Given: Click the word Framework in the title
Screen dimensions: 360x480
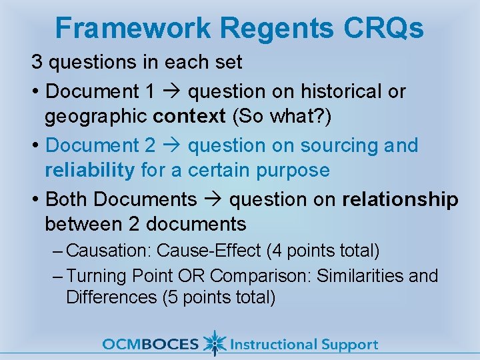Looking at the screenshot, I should (133, 28).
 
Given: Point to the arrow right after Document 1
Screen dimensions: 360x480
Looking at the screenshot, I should (175, 91).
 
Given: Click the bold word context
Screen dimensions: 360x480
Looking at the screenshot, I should (189, 117).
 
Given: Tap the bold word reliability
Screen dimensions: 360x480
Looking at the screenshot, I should (89, 170).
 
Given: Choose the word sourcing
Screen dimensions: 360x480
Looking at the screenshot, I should (331, 145).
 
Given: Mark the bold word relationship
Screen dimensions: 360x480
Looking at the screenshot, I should (400, 199).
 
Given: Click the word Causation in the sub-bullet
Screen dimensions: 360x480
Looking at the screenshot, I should (109, 251).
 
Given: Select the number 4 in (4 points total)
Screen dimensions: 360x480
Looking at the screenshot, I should (277, 251).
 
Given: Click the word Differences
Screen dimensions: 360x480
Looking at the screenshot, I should (111, 297).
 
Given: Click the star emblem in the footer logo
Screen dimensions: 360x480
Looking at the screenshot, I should (214, 343).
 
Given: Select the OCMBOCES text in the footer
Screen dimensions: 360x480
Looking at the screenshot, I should (151, 345).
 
